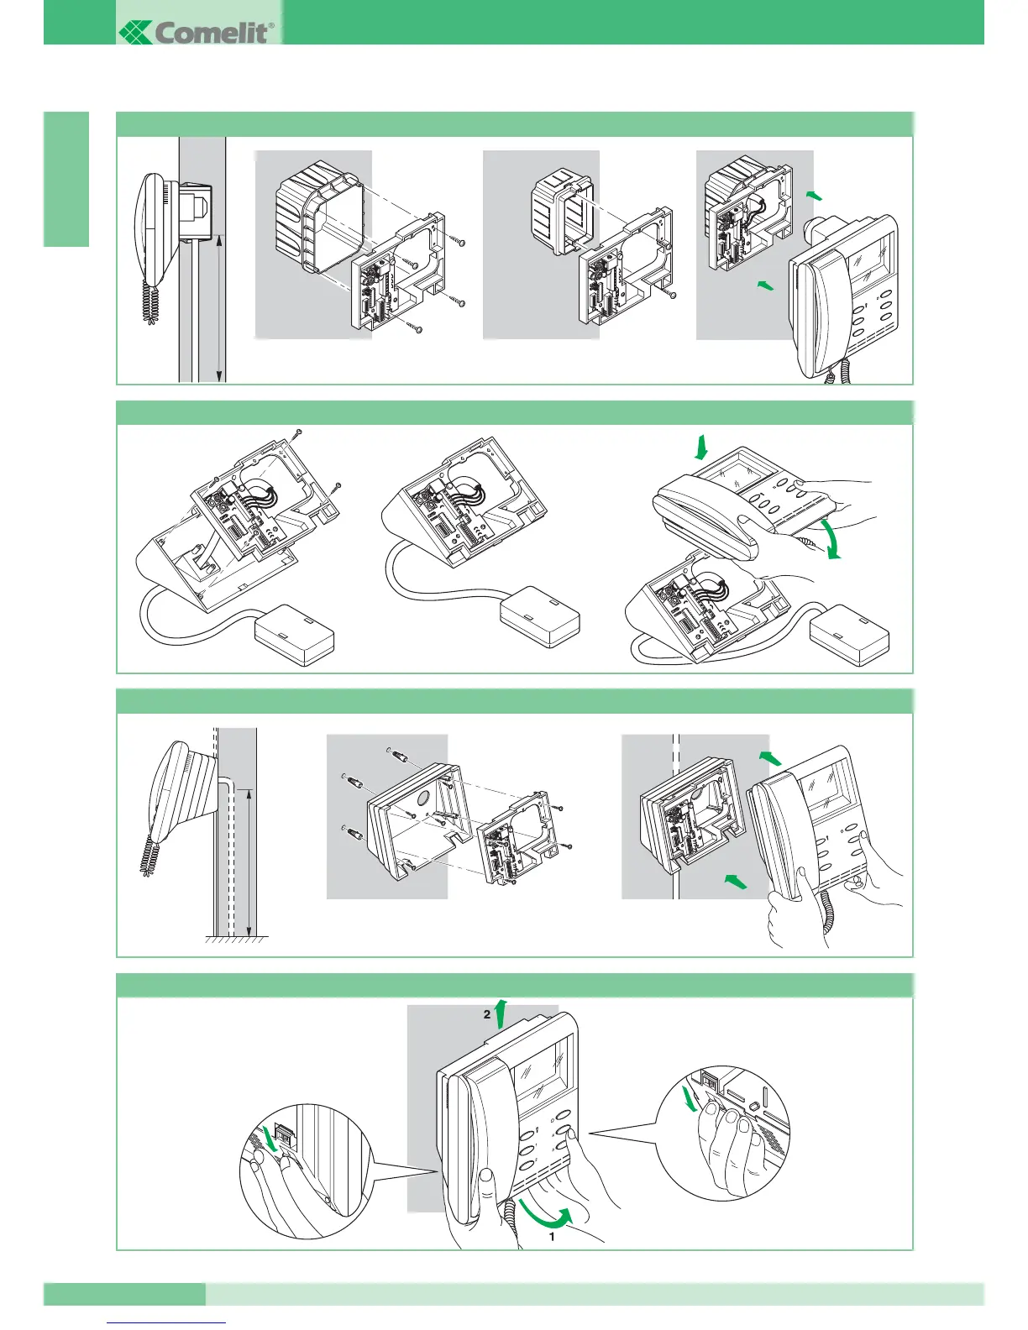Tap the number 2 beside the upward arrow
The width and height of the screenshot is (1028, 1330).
pyautogui.click(x=486, y=1014)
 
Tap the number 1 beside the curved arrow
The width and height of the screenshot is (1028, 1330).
pyautogui.click(x=552, y=1237)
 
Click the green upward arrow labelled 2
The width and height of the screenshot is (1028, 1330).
pyautogui.click(x=501, y=1013)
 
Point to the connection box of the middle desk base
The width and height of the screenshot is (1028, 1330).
pyautogui.click(x=539, y=615)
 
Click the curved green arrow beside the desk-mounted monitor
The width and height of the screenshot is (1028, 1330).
pyautogui.click(x=832, y=538)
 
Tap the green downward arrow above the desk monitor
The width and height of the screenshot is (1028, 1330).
pyautogui.click(x=701, y=448)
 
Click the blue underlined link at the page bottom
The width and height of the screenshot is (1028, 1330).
pyautogui.click(x=167, y=1322)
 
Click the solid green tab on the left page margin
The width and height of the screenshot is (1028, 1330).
pyautogui.click(x=66, y=179)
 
